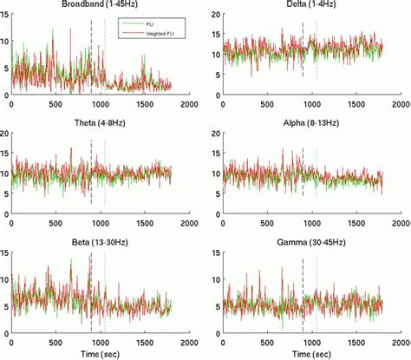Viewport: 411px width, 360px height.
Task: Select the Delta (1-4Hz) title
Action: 310,5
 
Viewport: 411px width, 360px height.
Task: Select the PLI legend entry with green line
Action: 149,24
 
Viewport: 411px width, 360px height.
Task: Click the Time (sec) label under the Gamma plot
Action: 310,354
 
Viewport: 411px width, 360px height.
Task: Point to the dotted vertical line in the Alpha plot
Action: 316,173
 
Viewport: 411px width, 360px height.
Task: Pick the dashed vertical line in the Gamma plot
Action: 303,295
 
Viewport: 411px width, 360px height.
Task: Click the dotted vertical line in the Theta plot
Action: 105,173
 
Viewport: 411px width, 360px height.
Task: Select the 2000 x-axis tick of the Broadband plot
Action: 189,106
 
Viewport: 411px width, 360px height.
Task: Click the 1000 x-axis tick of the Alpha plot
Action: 311,224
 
